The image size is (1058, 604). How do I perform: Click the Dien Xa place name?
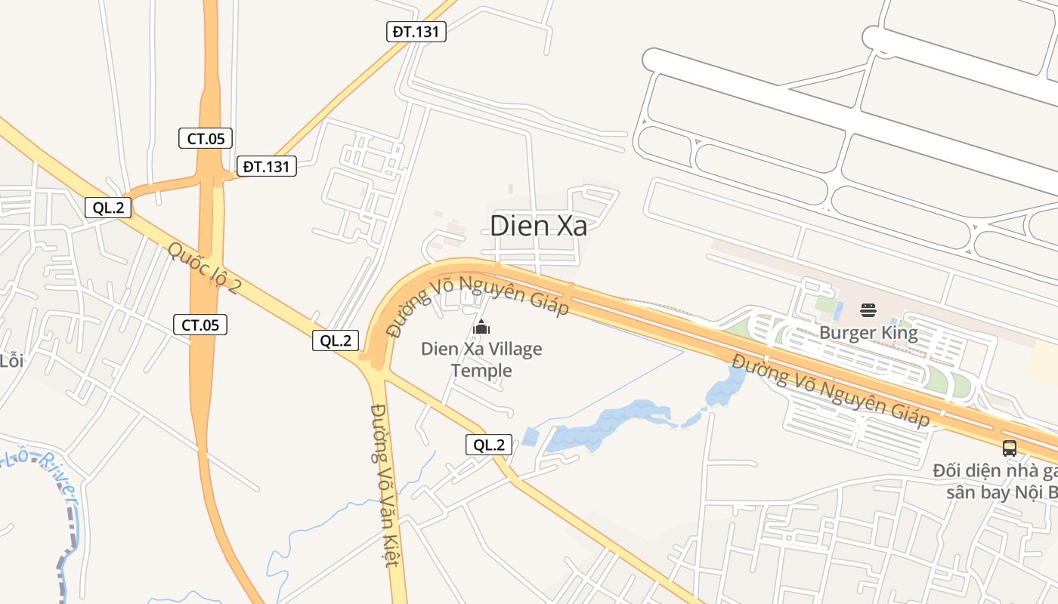(x=538, y=226)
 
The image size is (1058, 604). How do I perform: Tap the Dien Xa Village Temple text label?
(x=481, y=359)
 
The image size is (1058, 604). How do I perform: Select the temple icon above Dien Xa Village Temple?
(x=481, y=327)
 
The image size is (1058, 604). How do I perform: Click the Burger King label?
(x=868, y=332)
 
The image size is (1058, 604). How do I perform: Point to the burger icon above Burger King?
(x=868, y=310)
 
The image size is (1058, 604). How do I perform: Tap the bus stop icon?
(x=1010, y=448)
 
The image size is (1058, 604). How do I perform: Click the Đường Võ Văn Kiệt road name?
(x=384, y=485)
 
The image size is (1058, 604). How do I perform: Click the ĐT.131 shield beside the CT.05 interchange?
(x=266, y=166)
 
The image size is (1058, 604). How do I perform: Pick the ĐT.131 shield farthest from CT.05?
(x=416, y=32)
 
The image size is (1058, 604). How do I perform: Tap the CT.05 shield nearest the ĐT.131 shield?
(x=206, y=138)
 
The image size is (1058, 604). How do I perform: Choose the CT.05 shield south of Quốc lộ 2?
(x=200, y=325)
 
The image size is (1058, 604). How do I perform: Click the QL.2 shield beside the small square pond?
(x=488, y=445)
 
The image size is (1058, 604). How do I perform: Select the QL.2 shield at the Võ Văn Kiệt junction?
(x=336, y=341)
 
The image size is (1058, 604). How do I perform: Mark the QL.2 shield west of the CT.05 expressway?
(x=108, y=208)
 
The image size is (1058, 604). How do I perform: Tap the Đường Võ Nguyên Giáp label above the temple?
(x=477, y=303)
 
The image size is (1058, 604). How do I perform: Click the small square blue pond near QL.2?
(x=531, y=436)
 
